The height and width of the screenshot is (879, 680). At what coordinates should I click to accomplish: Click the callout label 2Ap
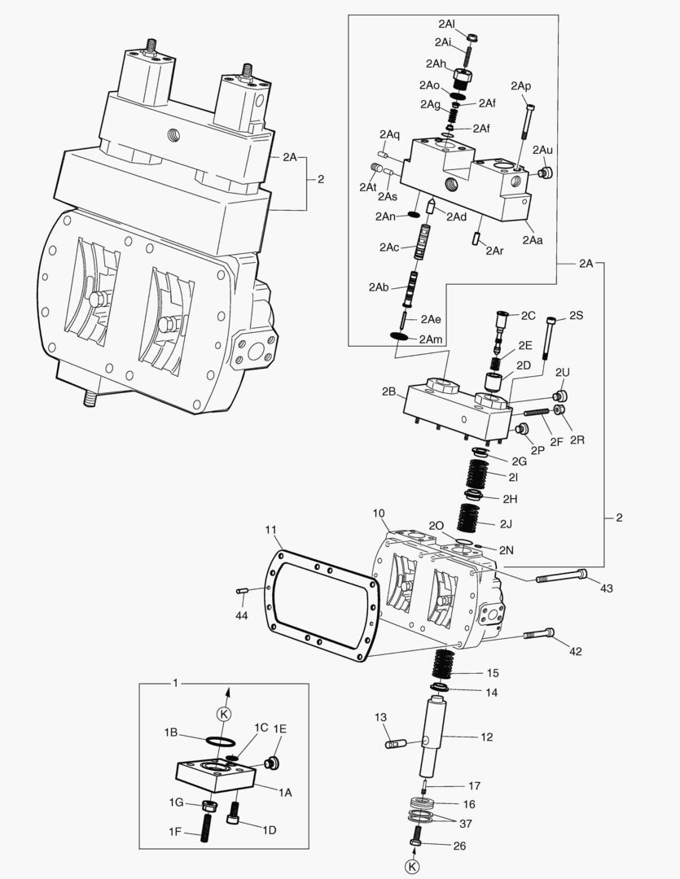[x=521, y=86]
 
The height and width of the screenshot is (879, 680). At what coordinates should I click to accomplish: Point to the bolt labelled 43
[x=562, y=577]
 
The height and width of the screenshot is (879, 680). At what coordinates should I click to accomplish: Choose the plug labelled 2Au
[x=547, y=172]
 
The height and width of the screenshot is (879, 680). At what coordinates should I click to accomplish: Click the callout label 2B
[x=388, y=391]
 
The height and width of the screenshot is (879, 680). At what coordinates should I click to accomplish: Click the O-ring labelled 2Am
[x=399, y=337]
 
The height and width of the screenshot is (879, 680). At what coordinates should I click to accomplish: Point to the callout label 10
[x=378, y=514]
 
